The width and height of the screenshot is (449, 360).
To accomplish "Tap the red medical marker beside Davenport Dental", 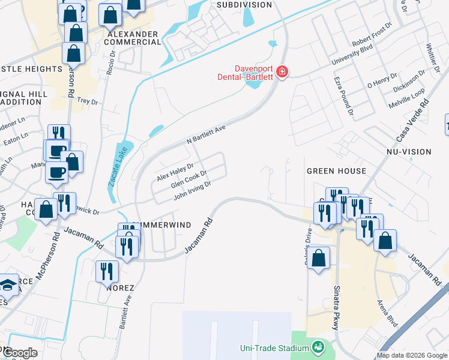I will coord(282,73).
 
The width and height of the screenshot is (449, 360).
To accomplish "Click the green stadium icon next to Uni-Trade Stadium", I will coord(317,347).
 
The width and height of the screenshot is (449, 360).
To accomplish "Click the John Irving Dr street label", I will coord(192,191).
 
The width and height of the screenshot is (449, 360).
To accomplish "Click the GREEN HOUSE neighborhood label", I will coord(336,171).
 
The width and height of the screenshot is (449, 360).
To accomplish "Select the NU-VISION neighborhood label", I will coord(410,153).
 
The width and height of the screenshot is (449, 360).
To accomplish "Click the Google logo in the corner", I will coord(20,353).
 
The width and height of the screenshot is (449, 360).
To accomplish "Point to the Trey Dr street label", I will coord(87,102).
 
